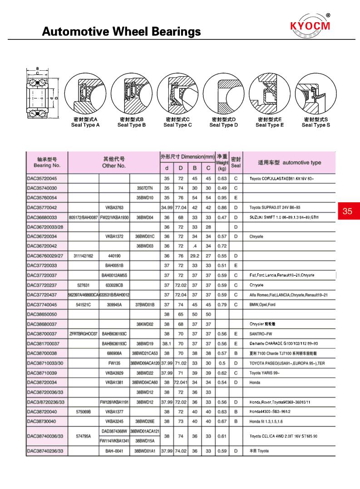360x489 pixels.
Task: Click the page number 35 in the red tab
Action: (348, 211)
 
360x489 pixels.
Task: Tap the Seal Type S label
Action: (316, 125)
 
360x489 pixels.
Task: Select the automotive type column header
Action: (290, 162)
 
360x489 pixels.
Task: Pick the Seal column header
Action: (236, 163)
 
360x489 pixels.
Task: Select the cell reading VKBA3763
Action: (114, 208)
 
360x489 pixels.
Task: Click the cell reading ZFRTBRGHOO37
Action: (84, 334)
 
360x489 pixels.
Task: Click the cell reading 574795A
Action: (84, 436)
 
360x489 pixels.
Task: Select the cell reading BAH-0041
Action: (114, 451)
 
